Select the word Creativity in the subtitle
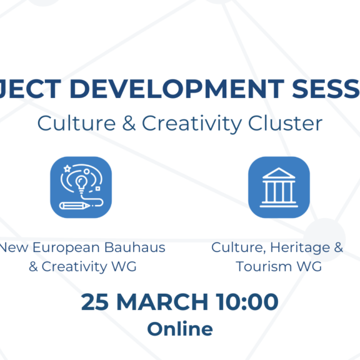pos(187,123)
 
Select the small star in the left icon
pos(66,169)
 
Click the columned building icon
pos(279,187)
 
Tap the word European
pos(62,247)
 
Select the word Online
pos(179,328)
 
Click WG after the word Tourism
pos(309,266)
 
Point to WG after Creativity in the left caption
pos(124,266)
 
